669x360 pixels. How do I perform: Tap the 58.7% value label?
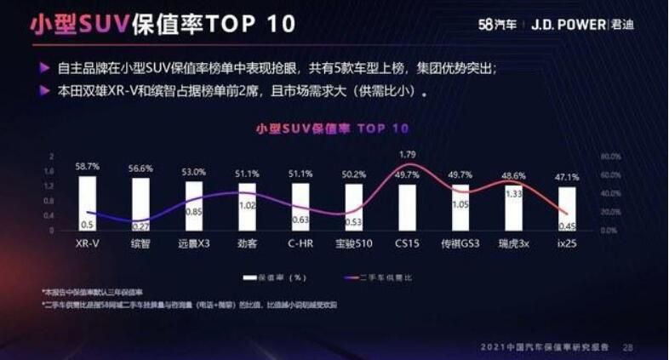88,167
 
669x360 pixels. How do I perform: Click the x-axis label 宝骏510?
354,243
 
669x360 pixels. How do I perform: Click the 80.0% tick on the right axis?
610,157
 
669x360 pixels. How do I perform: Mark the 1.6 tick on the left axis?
52,171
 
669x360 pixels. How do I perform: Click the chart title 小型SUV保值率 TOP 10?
332,129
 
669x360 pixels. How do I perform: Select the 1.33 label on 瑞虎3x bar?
513,194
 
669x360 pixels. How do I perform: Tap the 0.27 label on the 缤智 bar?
140,226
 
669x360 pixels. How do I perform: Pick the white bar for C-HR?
300,207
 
